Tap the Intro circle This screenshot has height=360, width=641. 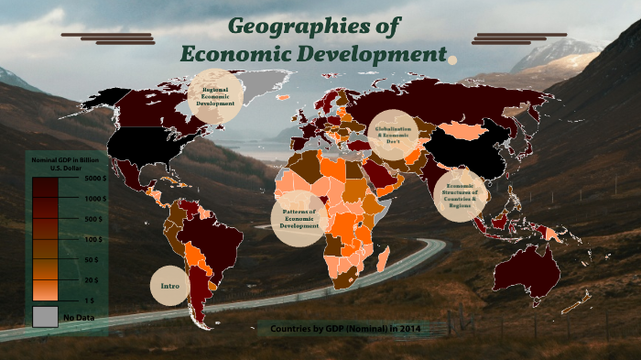(169, 287)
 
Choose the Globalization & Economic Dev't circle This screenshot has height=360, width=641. (393, 135)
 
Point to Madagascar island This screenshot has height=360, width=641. (384, 258)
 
